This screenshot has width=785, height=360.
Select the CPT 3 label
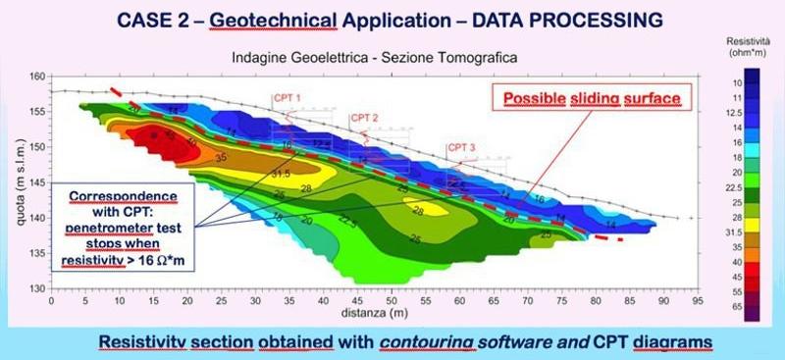(462, 148)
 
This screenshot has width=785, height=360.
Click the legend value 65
(765, 307)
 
